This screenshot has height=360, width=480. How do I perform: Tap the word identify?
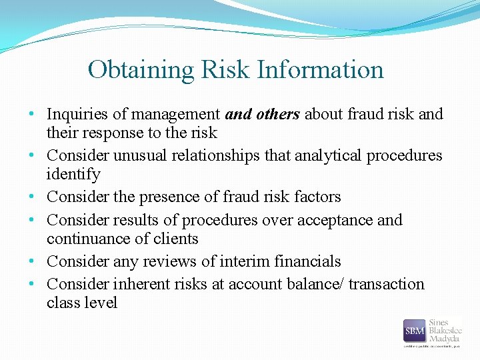pyautogui.click(x=73, y=175)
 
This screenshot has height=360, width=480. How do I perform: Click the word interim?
pyautogui.click(x=249, y=261)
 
